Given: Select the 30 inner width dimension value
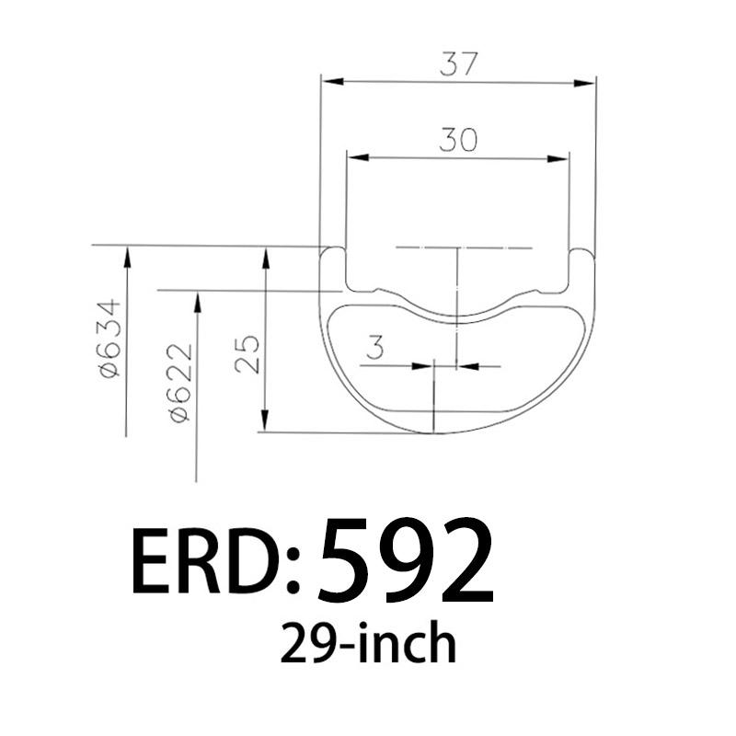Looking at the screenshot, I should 457,141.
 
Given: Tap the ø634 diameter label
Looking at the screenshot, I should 109,338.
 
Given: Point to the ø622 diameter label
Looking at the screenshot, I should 180,382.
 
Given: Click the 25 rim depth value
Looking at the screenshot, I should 247,352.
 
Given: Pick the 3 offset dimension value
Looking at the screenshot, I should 374,349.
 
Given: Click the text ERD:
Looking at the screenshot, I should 217,561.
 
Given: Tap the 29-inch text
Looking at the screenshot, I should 368,643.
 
